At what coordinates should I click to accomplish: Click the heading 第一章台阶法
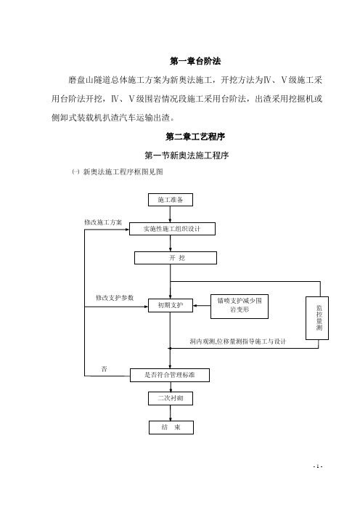pyautogui.click(x=195, y=61)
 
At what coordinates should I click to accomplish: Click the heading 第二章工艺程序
pyautogui.click(x=195, y=137)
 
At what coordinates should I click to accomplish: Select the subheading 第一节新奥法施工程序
pyautogui.click(x=187, y=155)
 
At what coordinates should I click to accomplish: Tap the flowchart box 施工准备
pyautogui.click(x=171, y=200)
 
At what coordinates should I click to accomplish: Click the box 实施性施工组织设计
pyautogui.click(x=172, y=229)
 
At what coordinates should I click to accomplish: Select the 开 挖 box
pyautogui.click(x=176, y=258)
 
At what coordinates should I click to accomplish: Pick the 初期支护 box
pyautogui.click(x=171, y=305)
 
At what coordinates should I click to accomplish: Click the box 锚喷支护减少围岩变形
pyautogui.click(x=240, y=307)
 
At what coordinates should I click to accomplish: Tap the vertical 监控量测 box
pyautogui.click(x=317, y=318)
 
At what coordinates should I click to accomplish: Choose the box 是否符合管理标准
pyautogui.click(x=170, y=375)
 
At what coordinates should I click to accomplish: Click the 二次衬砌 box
pyautogui.click(x=171, y=398)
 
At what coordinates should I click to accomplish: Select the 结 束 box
pyautogui.click(x=171, y=427)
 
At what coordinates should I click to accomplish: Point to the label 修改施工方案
pyautogui.click(x=103, y=222)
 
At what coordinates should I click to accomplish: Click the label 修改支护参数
pyautogui.click(x=115, y=298)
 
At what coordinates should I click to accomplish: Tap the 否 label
pyautogui.click(x=104, y=369)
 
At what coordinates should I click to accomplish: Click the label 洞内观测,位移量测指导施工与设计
pyautogui.click(x=238, y=341)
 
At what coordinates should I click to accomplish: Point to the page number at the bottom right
pyautogui.click(x=317, y=466)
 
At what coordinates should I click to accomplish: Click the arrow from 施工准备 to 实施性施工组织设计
pyautogui.click(x=171, y=214)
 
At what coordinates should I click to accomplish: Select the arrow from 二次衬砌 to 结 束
pyautogui.click(x=171, y=413)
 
